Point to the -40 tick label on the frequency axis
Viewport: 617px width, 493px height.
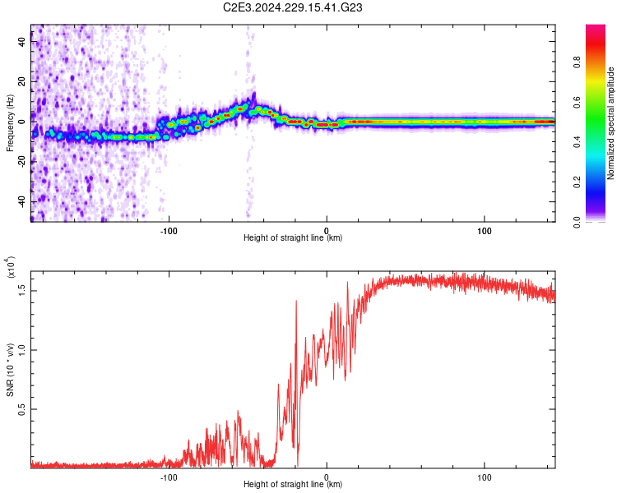[x=21, y=201]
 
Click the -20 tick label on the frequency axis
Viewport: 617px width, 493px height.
[x=21, y=161]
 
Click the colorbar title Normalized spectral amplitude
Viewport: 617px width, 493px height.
[x=611, y=123]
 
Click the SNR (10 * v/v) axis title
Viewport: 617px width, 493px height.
[x=11, y=370]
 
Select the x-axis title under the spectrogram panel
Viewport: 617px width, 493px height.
[x=293, y=237]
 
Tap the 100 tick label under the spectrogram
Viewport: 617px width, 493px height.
[x=485, y=230]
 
